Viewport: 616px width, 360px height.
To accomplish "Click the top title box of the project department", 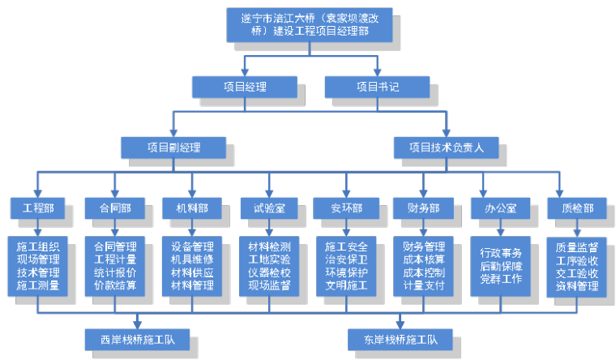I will pos(310,24).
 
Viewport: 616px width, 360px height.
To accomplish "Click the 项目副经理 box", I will pos(173,147).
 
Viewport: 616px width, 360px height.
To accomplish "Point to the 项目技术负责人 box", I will pos(446,147).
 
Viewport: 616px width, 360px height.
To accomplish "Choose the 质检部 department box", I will pos(576,208).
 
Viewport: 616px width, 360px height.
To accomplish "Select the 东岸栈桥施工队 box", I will pos(399,338).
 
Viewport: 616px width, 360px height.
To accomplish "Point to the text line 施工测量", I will pos(37,286).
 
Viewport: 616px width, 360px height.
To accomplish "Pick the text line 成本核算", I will pos(424,260).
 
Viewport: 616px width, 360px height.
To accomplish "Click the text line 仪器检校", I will pos(269,273).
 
